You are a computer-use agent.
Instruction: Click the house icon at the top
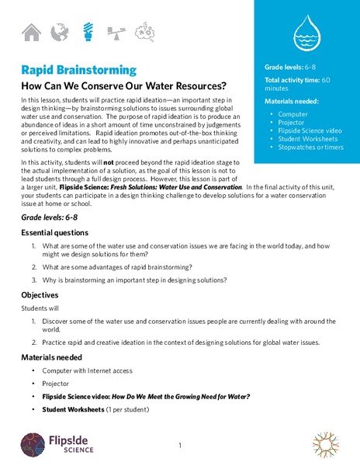pyautogui.click(x=31, y=32)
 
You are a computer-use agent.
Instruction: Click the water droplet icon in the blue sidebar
pyautogui.click(x=306, y=33)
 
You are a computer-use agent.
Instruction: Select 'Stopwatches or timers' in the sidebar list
pyautogui.click(x=309, y=147)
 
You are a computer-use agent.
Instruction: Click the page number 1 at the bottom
pyautogui.click(x=179, y=445)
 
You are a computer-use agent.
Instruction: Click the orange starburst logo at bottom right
pyautogui.click(x=326, y=443)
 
